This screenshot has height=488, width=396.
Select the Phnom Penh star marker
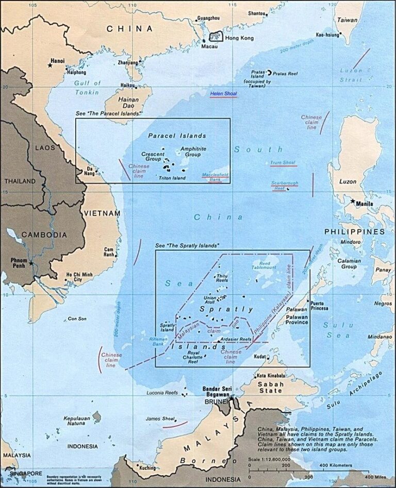coord(31,263)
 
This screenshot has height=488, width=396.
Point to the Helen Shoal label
coord(223,94)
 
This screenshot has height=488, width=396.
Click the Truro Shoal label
coord(283,163)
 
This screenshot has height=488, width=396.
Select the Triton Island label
coord(172,178)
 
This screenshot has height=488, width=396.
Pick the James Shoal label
coord(158,418)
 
